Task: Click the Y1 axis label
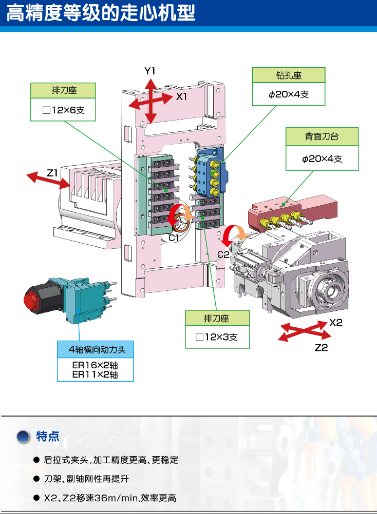pyautogui.click(x=149, y=71)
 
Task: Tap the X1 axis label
pyautogui.click(x=182, y=96)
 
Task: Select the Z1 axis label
pyautogui.click(x=52, y=173)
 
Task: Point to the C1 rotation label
pyautogui.click(x=174, y=238)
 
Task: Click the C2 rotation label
pyautogui.click(x=223, y=254)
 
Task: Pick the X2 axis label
pyautogui.click(x=336, y=323)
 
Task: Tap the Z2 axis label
pyautogui.click(x=321, y=348)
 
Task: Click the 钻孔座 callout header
pyautogui.click(x=289, y=75)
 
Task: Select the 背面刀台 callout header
pyautogui.click(x=322, y=137)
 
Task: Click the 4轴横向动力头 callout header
pyautogui.click(x=95, y=350)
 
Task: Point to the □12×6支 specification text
pyautogui.click(x=64, y=110)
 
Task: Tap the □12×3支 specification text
pyautogui.click(x=217, y=337)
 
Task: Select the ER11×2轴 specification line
pyautogui.click(x=95, y=375)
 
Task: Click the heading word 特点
pyautogui.click(x=48, y=437)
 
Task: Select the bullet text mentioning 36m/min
pyautogui.click(x=110, y=498)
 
